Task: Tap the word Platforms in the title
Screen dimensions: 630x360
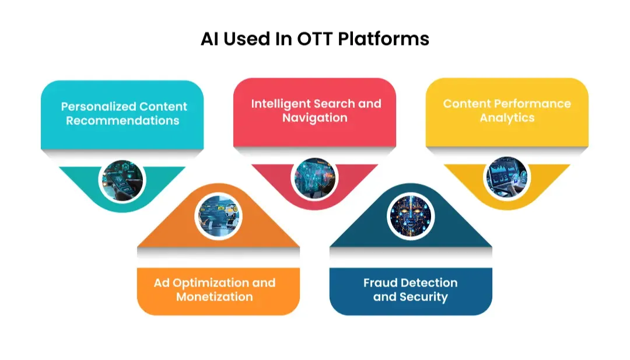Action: click(383, 39)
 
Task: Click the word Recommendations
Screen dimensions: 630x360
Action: click(123, 121)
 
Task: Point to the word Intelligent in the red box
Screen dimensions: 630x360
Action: click(281, 104)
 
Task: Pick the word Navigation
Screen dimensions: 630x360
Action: click(314, 118)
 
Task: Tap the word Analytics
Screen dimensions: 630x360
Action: click(507, 118)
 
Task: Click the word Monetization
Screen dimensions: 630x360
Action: click(215, 297)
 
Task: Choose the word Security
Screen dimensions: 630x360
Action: click(423, 298)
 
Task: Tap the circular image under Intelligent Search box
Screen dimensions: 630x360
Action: click(314, 177)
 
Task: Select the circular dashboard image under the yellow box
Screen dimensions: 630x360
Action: click(507, 177)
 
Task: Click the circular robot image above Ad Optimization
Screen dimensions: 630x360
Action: click(219, 216)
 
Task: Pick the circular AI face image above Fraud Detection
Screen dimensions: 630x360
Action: click(411, 216)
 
